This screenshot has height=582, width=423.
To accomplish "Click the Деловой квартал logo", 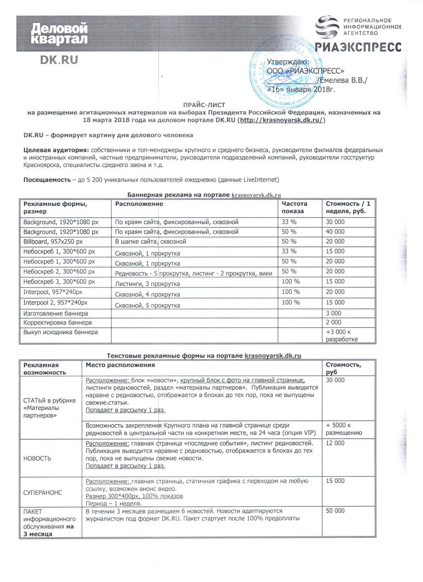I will point(59,34).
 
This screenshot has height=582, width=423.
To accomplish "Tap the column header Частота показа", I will point(294,207).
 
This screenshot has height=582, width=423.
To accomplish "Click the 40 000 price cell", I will point(335,232).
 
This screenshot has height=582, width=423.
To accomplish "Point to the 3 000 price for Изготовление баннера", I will point(333,313).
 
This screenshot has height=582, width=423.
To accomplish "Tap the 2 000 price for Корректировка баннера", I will point(333,322).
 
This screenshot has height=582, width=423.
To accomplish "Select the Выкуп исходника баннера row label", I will point(61,332).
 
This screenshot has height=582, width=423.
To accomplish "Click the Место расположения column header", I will point(120,365).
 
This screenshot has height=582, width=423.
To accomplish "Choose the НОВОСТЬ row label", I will point(37,458).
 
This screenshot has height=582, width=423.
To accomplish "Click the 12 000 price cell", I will point(335,443).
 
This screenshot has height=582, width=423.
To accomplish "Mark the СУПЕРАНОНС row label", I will point(42,492).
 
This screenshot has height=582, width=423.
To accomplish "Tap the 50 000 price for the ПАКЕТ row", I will point(335,511).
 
